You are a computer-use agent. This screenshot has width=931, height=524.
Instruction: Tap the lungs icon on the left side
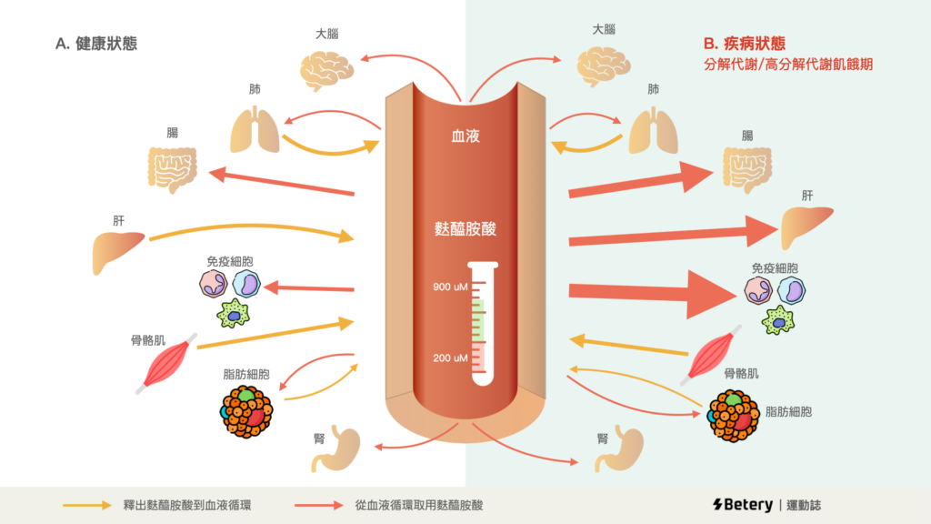[x=255, y=129]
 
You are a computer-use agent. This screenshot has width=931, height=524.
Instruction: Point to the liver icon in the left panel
[x=119, y=252]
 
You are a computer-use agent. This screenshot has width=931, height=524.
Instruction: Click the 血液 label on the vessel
[x=465, y=136]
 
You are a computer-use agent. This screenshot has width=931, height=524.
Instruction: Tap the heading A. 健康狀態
[x=96, y=43]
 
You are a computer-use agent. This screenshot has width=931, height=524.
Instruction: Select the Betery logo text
[x=740, y=504]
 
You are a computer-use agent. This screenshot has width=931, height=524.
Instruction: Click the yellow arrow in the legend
[x=87, y=504]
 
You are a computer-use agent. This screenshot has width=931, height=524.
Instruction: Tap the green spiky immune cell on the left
[x=235, y=314]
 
